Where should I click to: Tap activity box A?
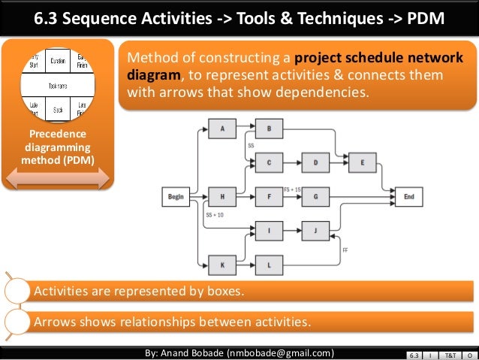[222, 129]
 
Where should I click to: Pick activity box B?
[269, 129]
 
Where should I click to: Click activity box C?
[269, 162]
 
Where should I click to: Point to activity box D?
[315, 162]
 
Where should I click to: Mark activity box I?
[269, 231]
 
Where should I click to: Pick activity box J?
[315, 231]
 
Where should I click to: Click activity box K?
[222, 264]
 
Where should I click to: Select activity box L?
[269, 264]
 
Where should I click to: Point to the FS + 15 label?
[292, 189]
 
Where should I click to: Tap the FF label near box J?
[345, 248]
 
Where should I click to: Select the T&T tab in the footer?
[449, 354]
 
